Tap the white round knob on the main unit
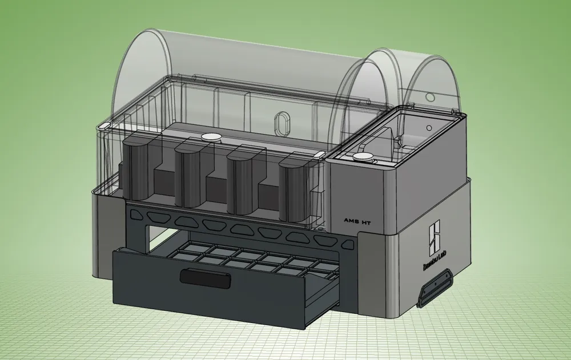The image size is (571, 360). point(211,136)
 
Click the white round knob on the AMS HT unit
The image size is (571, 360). point(362,157)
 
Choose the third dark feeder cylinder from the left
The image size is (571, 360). point(241,178)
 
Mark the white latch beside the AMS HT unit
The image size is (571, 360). point(319,154)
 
